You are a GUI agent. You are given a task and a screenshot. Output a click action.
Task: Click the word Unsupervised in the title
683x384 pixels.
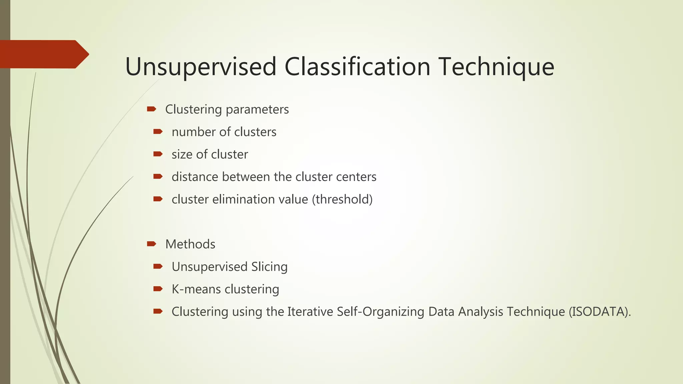coord(201,67)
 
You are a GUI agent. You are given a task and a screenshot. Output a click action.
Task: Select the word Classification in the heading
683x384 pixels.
coord(358,67)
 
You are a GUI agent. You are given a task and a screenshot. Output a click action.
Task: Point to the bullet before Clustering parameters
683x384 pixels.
coord(151,109)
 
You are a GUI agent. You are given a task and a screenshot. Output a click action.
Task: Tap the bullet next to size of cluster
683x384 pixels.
coord(158,154)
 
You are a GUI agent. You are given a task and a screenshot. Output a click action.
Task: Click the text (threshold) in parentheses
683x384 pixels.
coord(342,199)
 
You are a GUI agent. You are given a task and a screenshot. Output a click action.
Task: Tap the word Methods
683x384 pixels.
coord(190,244)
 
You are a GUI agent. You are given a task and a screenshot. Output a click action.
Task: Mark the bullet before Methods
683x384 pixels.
coord(151,244)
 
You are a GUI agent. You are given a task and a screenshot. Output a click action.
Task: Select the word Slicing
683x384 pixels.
coord(269,267)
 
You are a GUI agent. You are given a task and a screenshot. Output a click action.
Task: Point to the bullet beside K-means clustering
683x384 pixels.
coord(158,289)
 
